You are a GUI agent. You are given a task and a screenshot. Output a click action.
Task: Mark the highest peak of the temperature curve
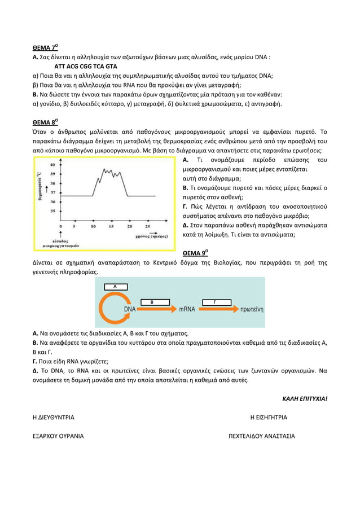point(104,169)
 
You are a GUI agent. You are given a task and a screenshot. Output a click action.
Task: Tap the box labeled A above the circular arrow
point(115,287)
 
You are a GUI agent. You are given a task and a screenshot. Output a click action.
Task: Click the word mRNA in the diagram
point(187,309)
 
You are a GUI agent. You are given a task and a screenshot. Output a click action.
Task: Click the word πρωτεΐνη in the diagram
point(250,309)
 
